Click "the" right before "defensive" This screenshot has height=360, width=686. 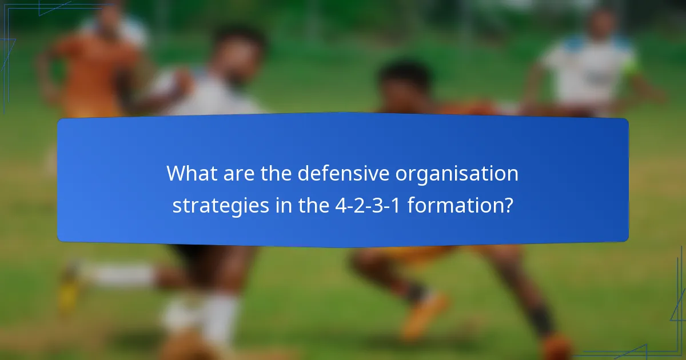tap(277, 174)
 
